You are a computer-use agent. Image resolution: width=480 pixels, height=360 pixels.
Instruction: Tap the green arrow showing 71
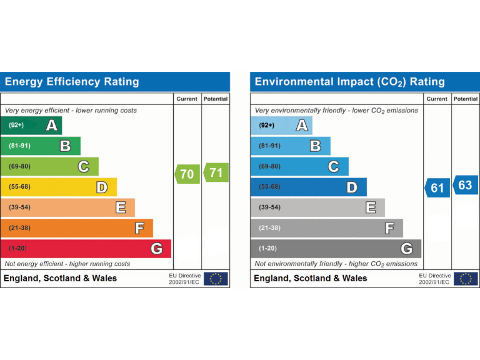click(x=216, y=172)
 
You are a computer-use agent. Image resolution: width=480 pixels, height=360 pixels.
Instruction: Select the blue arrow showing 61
click(x=437, y=187)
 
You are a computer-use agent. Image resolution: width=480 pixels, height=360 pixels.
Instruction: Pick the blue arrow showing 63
click(x=465, y=185)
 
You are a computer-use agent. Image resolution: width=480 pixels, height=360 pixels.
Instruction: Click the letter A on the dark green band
click(x=52, y=126)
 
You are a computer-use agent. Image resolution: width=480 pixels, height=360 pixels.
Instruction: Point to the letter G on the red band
click(x=157, y=249)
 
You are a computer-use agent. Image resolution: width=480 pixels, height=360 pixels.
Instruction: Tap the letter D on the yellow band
click(x=102, y=187)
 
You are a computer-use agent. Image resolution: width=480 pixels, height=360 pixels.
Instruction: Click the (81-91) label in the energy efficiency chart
click(x=20, y=146)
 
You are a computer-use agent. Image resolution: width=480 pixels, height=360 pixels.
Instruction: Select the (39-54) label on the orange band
click(x=19, y=207)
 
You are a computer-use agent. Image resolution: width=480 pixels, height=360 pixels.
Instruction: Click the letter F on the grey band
click(x=389, y=228)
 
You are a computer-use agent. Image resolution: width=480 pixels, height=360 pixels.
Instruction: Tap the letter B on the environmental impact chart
click(x=316, y=146)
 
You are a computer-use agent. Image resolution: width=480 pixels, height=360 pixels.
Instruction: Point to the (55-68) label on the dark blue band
click(x=269, y=187)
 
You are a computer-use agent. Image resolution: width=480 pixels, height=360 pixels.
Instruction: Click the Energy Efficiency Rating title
click(x=72, y=82)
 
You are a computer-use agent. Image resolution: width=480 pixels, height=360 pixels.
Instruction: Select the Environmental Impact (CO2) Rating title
click(x=350, y=82)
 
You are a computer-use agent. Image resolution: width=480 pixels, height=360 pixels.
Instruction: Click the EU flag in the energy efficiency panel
click(x=216, y=279)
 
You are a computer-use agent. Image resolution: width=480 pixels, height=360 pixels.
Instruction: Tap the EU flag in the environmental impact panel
click(x=466, y=279)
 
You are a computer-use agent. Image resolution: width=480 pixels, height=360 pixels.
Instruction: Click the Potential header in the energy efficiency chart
click(x=216, y=99)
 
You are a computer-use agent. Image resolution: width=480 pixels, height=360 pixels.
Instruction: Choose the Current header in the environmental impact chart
click(x=437, y=99)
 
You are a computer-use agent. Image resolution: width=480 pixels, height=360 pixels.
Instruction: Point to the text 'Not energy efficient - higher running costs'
click(x=67, y=264)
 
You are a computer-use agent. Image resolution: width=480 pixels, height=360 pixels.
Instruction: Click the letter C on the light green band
click(x=83, y=167)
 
